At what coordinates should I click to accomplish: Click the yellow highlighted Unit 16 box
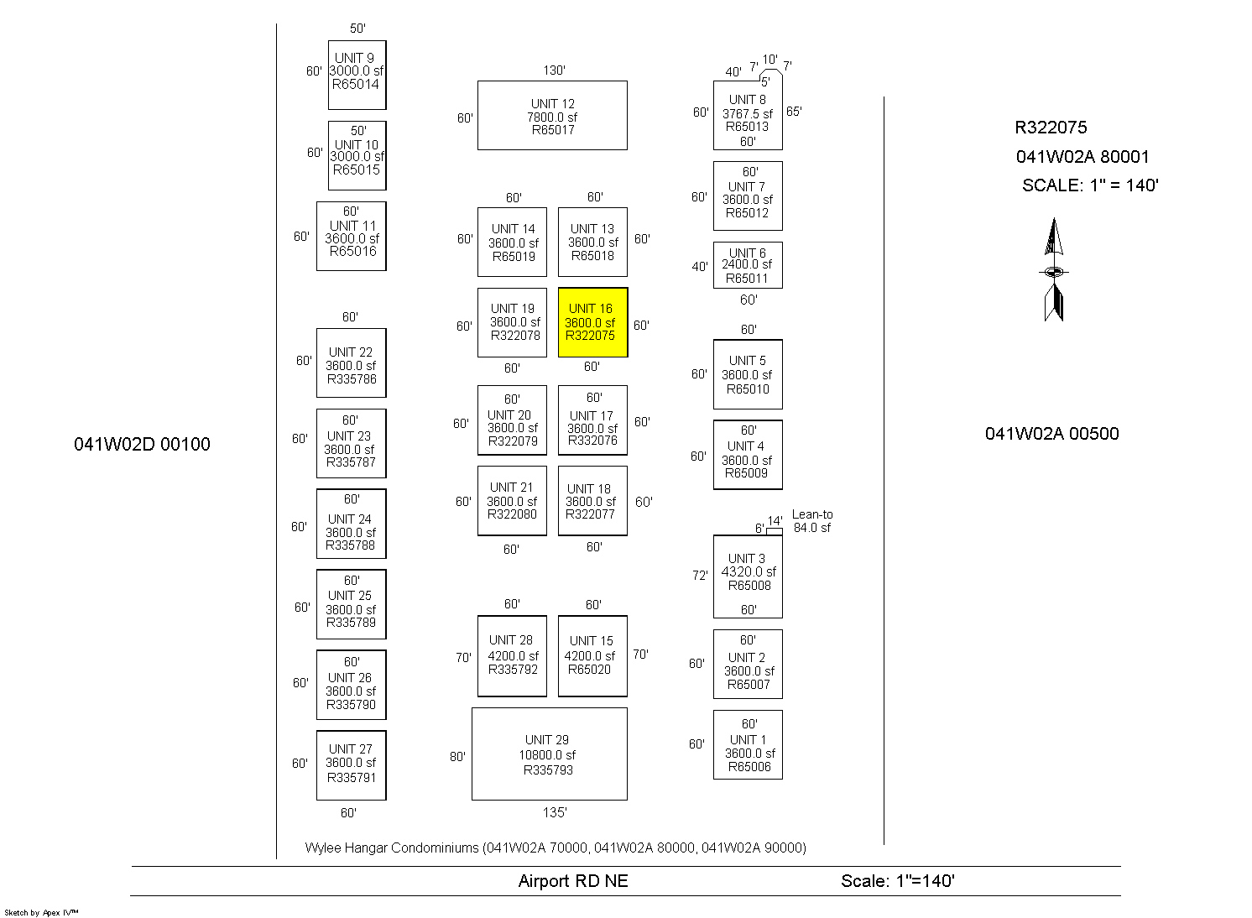click(x=592, y=322)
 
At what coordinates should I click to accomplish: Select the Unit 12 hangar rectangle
click(x=552, y=116)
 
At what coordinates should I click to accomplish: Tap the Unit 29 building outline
click(x=549, y=754)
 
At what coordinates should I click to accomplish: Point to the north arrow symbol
click(x=1054, y=270)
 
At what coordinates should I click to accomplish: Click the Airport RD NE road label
click(x=573, y=881)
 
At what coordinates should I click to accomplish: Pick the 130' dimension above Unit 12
click(x=554, y=70)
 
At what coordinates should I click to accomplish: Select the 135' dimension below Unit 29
click(x=554, y=812)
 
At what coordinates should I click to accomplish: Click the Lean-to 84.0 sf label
click(x=812, y=521)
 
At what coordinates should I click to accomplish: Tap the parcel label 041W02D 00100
click(x=142, y=445)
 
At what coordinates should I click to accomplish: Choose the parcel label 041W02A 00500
click(x=1051, y=434)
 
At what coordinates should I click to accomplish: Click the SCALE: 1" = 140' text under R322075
click(x=1090, y=185)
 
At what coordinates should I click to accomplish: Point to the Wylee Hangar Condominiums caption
click(x=556, y=848)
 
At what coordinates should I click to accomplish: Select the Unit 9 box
click(x=357, y=75)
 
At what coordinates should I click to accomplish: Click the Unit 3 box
click(x=748, y=576)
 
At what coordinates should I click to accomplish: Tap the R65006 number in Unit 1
click(x=749, y=767)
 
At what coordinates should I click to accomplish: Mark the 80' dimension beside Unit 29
click(x=457, y=757)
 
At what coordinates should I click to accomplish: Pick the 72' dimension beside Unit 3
click(x=700, y=576)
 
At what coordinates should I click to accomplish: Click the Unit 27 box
click(x=351, y=764)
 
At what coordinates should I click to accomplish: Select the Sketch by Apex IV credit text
click(x=41, y=912)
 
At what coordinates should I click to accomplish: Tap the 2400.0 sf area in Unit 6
click(x=747, y=264)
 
